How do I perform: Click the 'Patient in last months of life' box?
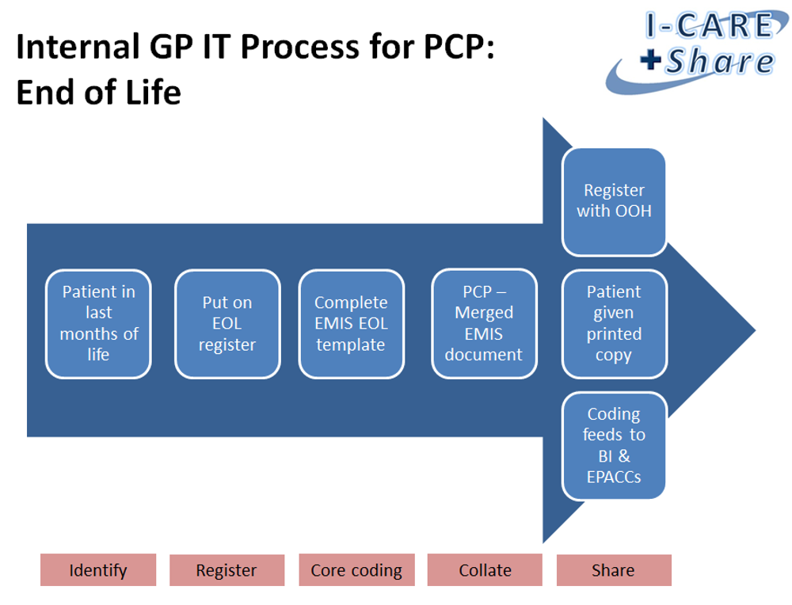[x=98, y=324]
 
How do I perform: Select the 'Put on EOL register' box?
[x=227, y=324]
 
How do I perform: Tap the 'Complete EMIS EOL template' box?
[x=351, y=324]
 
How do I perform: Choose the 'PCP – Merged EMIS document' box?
[x=484, y=324]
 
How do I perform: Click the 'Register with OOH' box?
[x=614, y=201]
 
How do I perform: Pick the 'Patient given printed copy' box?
[x=614, y=324]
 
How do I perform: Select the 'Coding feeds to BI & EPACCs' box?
[x=614, y=446]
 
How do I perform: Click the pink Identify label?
[x=98, y=570]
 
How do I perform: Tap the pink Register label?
[x=227, y=570]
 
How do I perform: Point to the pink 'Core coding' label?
[x=356, y=570]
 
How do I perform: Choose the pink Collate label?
[x=485, y=570]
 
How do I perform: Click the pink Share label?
[x=613, y=570]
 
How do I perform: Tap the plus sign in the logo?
[x=651, y=61]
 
